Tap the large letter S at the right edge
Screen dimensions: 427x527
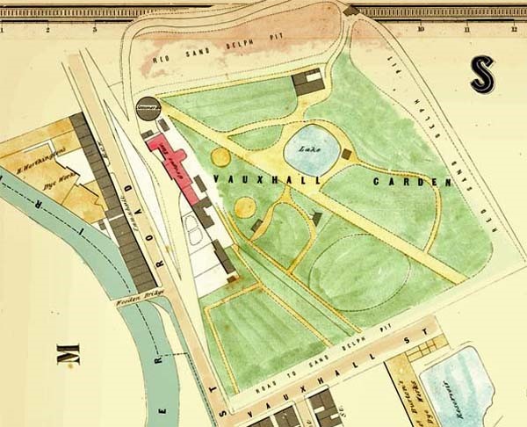click(x=481, y=74)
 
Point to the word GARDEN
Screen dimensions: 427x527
click(x=411, y=183)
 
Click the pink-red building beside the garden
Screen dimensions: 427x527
click(x=172, y=162)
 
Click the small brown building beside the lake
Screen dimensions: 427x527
click(x=346, y=155)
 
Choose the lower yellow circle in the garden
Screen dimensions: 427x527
click(x=245, y=207)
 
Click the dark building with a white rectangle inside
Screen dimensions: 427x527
click(x=308, y=83)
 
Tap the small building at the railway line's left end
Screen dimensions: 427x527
click(x=351, y=11)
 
